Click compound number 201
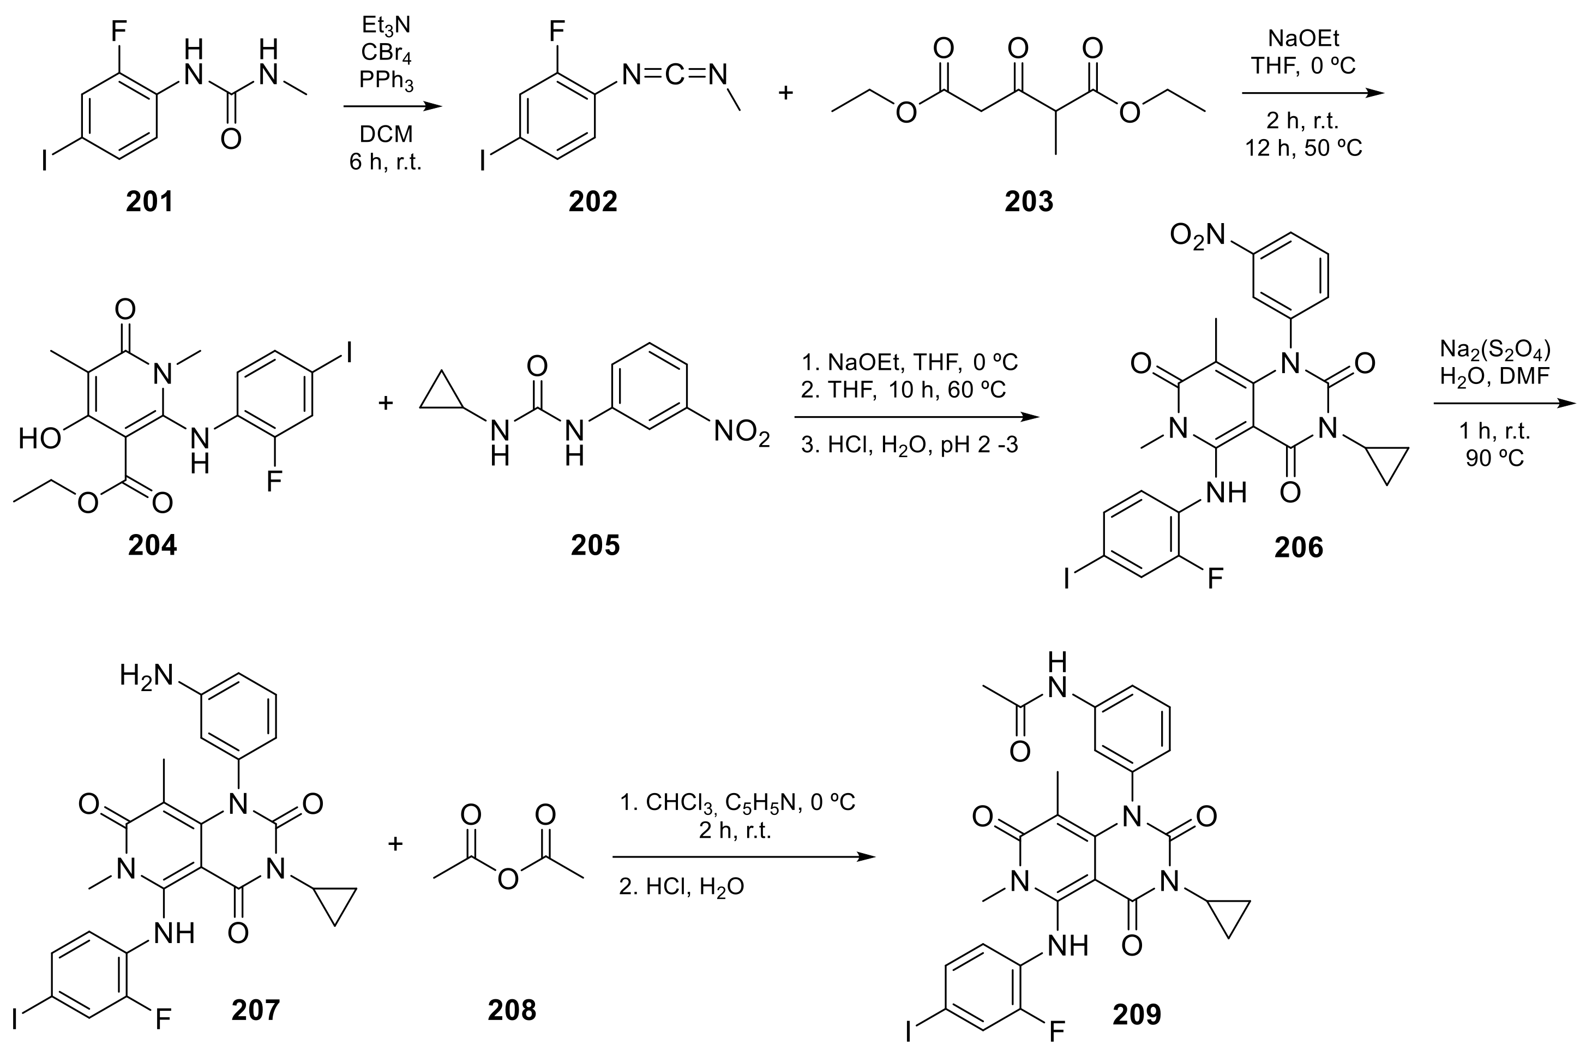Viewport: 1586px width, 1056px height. click(149, 201)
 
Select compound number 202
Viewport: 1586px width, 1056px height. click(593, 201)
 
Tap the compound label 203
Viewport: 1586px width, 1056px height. click(1029, 201)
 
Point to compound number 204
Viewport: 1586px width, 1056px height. click(152, 545)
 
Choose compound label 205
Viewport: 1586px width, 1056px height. click(596, 545)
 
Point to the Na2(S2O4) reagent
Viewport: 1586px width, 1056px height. click(1495, 350)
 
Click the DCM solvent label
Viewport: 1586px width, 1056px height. click(386, 134)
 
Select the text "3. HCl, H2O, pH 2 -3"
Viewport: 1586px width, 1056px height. click(909, 445)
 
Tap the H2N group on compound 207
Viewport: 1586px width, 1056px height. click(147, 675)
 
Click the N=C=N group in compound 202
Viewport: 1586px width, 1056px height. click(674, 75)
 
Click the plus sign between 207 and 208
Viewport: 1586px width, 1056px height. click(395, 843)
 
